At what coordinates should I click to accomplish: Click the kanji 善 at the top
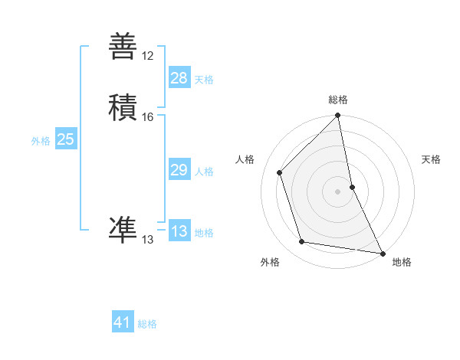(123, 46)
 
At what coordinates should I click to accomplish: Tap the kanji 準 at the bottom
(123, 228)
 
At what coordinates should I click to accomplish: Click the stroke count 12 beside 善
(148, 56)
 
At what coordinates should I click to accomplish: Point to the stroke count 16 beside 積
(148, 116)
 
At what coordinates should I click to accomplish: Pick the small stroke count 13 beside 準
(148, 240)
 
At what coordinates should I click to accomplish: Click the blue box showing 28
(179, 78)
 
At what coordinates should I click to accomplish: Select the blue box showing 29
(179, 170)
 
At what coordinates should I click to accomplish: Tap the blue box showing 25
(66, 139)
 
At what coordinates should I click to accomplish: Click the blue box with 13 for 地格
(179, 231)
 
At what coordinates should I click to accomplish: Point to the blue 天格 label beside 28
(204, 80)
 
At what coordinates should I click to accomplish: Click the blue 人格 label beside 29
(204, 172)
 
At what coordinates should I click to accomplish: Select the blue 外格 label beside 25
(41, 141)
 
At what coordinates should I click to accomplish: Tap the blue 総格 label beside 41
(147, 324)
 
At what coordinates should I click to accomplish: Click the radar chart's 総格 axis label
(338, 100)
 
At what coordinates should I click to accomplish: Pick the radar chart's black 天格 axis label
(432, 159)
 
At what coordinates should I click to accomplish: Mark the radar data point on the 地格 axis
(383, 253)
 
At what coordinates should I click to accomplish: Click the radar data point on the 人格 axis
(280, 172)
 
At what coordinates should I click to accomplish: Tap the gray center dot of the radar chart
(338, 191)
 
